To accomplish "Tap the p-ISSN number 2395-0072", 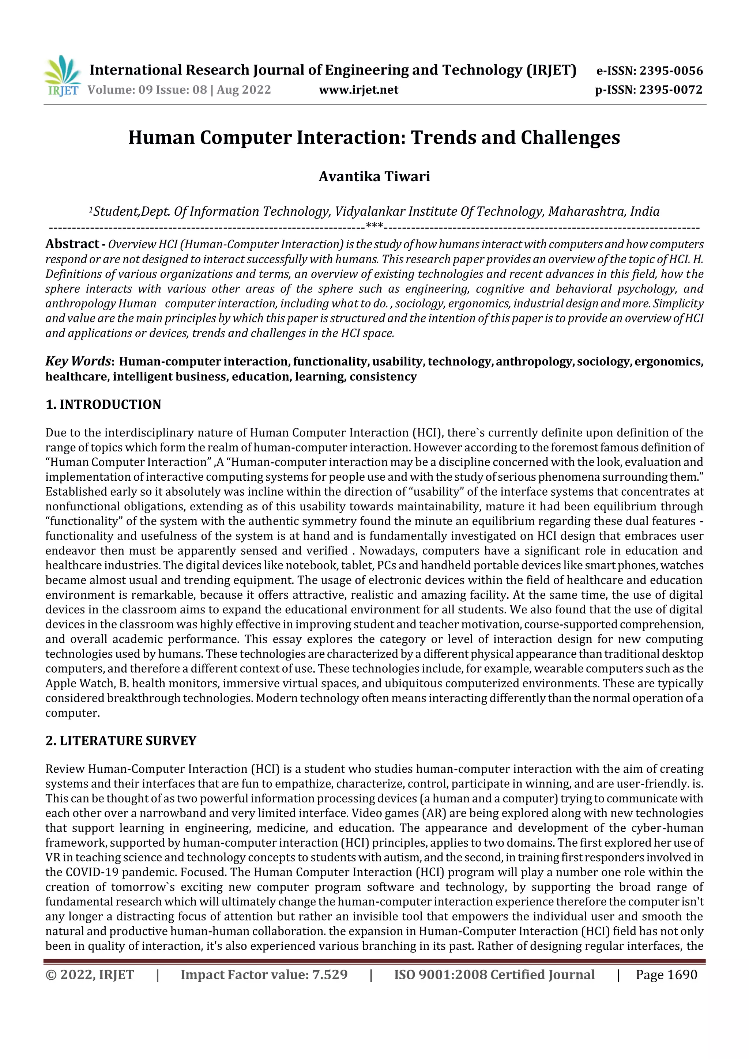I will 670,90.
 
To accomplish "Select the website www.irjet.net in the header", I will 358,90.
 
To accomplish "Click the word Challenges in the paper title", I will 571,137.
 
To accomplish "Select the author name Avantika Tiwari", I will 374,177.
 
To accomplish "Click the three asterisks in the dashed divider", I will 374,226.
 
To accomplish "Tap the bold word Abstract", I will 72,243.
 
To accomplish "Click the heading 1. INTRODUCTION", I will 103,405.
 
